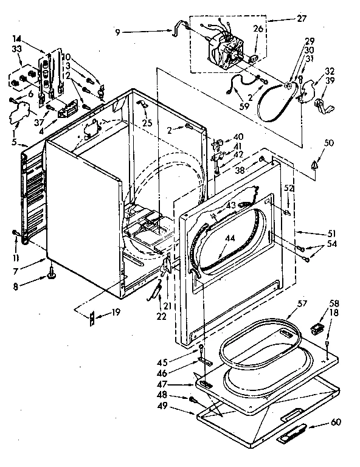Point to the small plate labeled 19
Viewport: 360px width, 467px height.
92,315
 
